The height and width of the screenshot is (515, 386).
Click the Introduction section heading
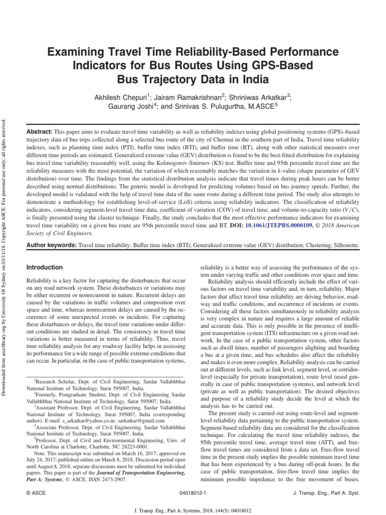click(x=44, y=268)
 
